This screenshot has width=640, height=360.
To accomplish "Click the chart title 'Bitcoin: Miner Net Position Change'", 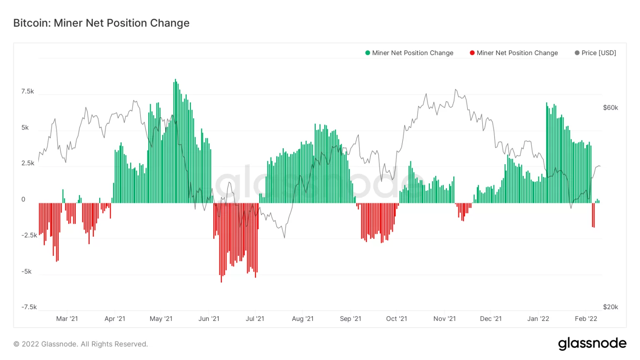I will coord(101,23).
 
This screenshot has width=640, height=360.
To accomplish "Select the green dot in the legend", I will coord(367,53).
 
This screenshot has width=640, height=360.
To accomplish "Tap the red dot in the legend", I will coord(472,53).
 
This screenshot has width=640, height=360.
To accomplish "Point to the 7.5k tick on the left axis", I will coord(27,91).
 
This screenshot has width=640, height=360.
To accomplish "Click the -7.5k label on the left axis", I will coord(29,307).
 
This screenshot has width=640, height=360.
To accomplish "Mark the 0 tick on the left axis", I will coord(23,199).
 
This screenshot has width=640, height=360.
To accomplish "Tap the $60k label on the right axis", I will coord(610,107).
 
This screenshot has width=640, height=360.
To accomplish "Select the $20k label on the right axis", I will coord(610,307).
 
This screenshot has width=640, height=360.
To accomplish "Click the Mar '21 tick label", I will coord(67,319).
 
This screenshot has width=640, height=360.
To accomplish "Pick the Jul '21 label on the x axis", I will coord(255,319).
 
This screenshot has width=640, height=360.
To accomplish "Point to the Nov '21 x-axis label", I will coord(444,319).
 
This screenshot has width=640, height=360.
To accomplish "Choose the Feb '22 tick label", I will coord(585,319).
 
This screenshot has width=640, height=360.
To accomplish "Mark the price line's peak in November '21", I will coord(456,90).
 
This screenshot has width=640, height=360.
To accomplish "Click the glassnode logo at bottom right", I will coord(592,343).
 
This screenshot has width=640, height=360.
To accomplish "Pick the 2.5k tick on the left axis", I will coord(27,163).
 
